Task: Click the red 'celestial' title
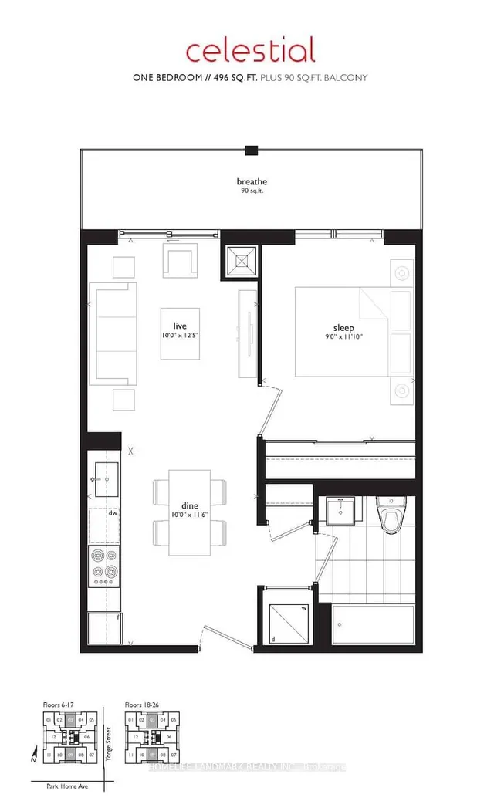pos(250,50)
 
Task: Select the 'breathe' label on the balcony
pos(250,182)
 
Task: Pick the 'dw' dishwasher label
pos(112,512)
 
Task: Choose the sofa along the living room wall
pos(113,333)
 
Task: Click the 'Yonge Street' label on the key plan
pos(108,744)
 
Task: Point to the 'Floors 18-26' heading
pos(143,705)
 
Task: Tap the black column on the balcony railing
pos(251,150)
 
